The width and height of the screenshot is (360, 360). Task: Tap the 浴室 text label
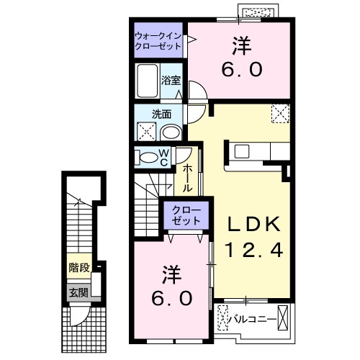pyautogui.click(x=171, y=81)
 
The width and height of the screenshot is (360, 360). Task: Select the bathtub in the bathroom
pyautogui.click(x=147, y=80)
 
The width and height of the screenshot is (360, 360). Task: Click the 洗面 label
pyautogui.click(x=161, y=113)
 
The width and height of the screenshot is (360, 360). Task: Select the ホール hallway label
pyautogui.click(x=186, y=177)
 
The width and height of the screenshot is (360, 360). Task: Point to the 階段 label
pyautogui.click(x=79, y=266)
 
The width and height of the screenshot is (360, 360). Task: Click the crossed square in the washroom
pyautogui.click(x=146, y=132)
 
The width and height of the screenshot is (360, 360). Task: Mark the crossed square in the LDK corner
pyautogui.click(x=279, y=114)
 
